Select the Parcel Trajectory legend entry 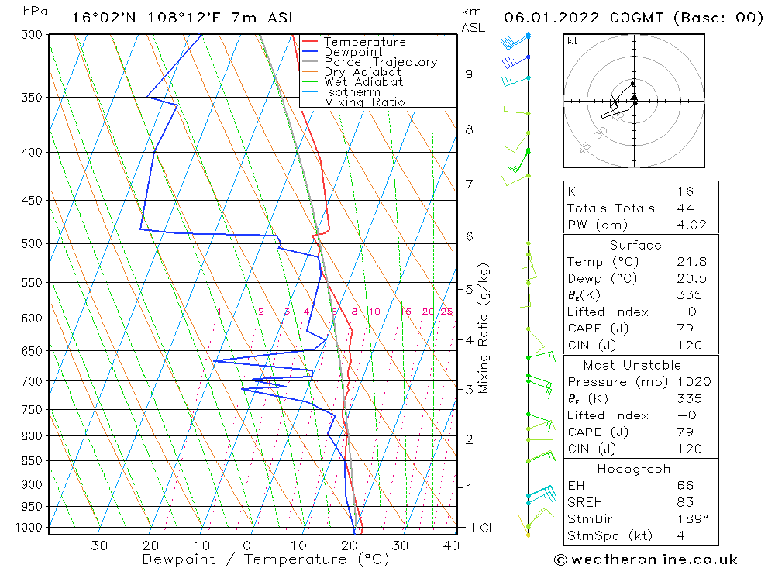pos(381,62)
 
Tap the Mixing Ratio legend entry pos(364,102)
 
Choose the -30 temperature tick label pos(94,546)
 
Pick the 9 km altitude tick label pos(468,74)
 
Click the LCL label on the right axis pos(484,528)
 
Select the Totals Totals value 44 pos(685,208)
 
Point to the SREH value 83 pos(685,502)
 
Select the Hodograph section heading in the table pos(635,469)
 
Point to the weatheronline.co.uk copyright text pos(646,559)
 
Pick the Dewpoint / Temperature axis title pos(265,559)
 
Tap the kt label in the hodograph pos(572,41)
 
